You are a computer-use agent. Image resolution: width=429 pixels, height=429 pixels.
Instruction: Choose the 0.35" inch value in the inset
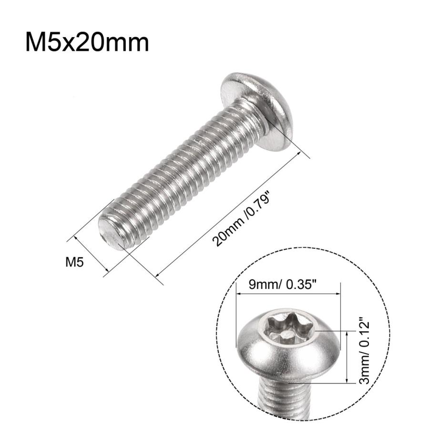(x=302, y=286)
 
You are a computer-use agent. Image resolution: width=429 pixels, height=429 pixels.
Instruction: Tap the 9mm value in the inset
(x=262, y=286)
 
